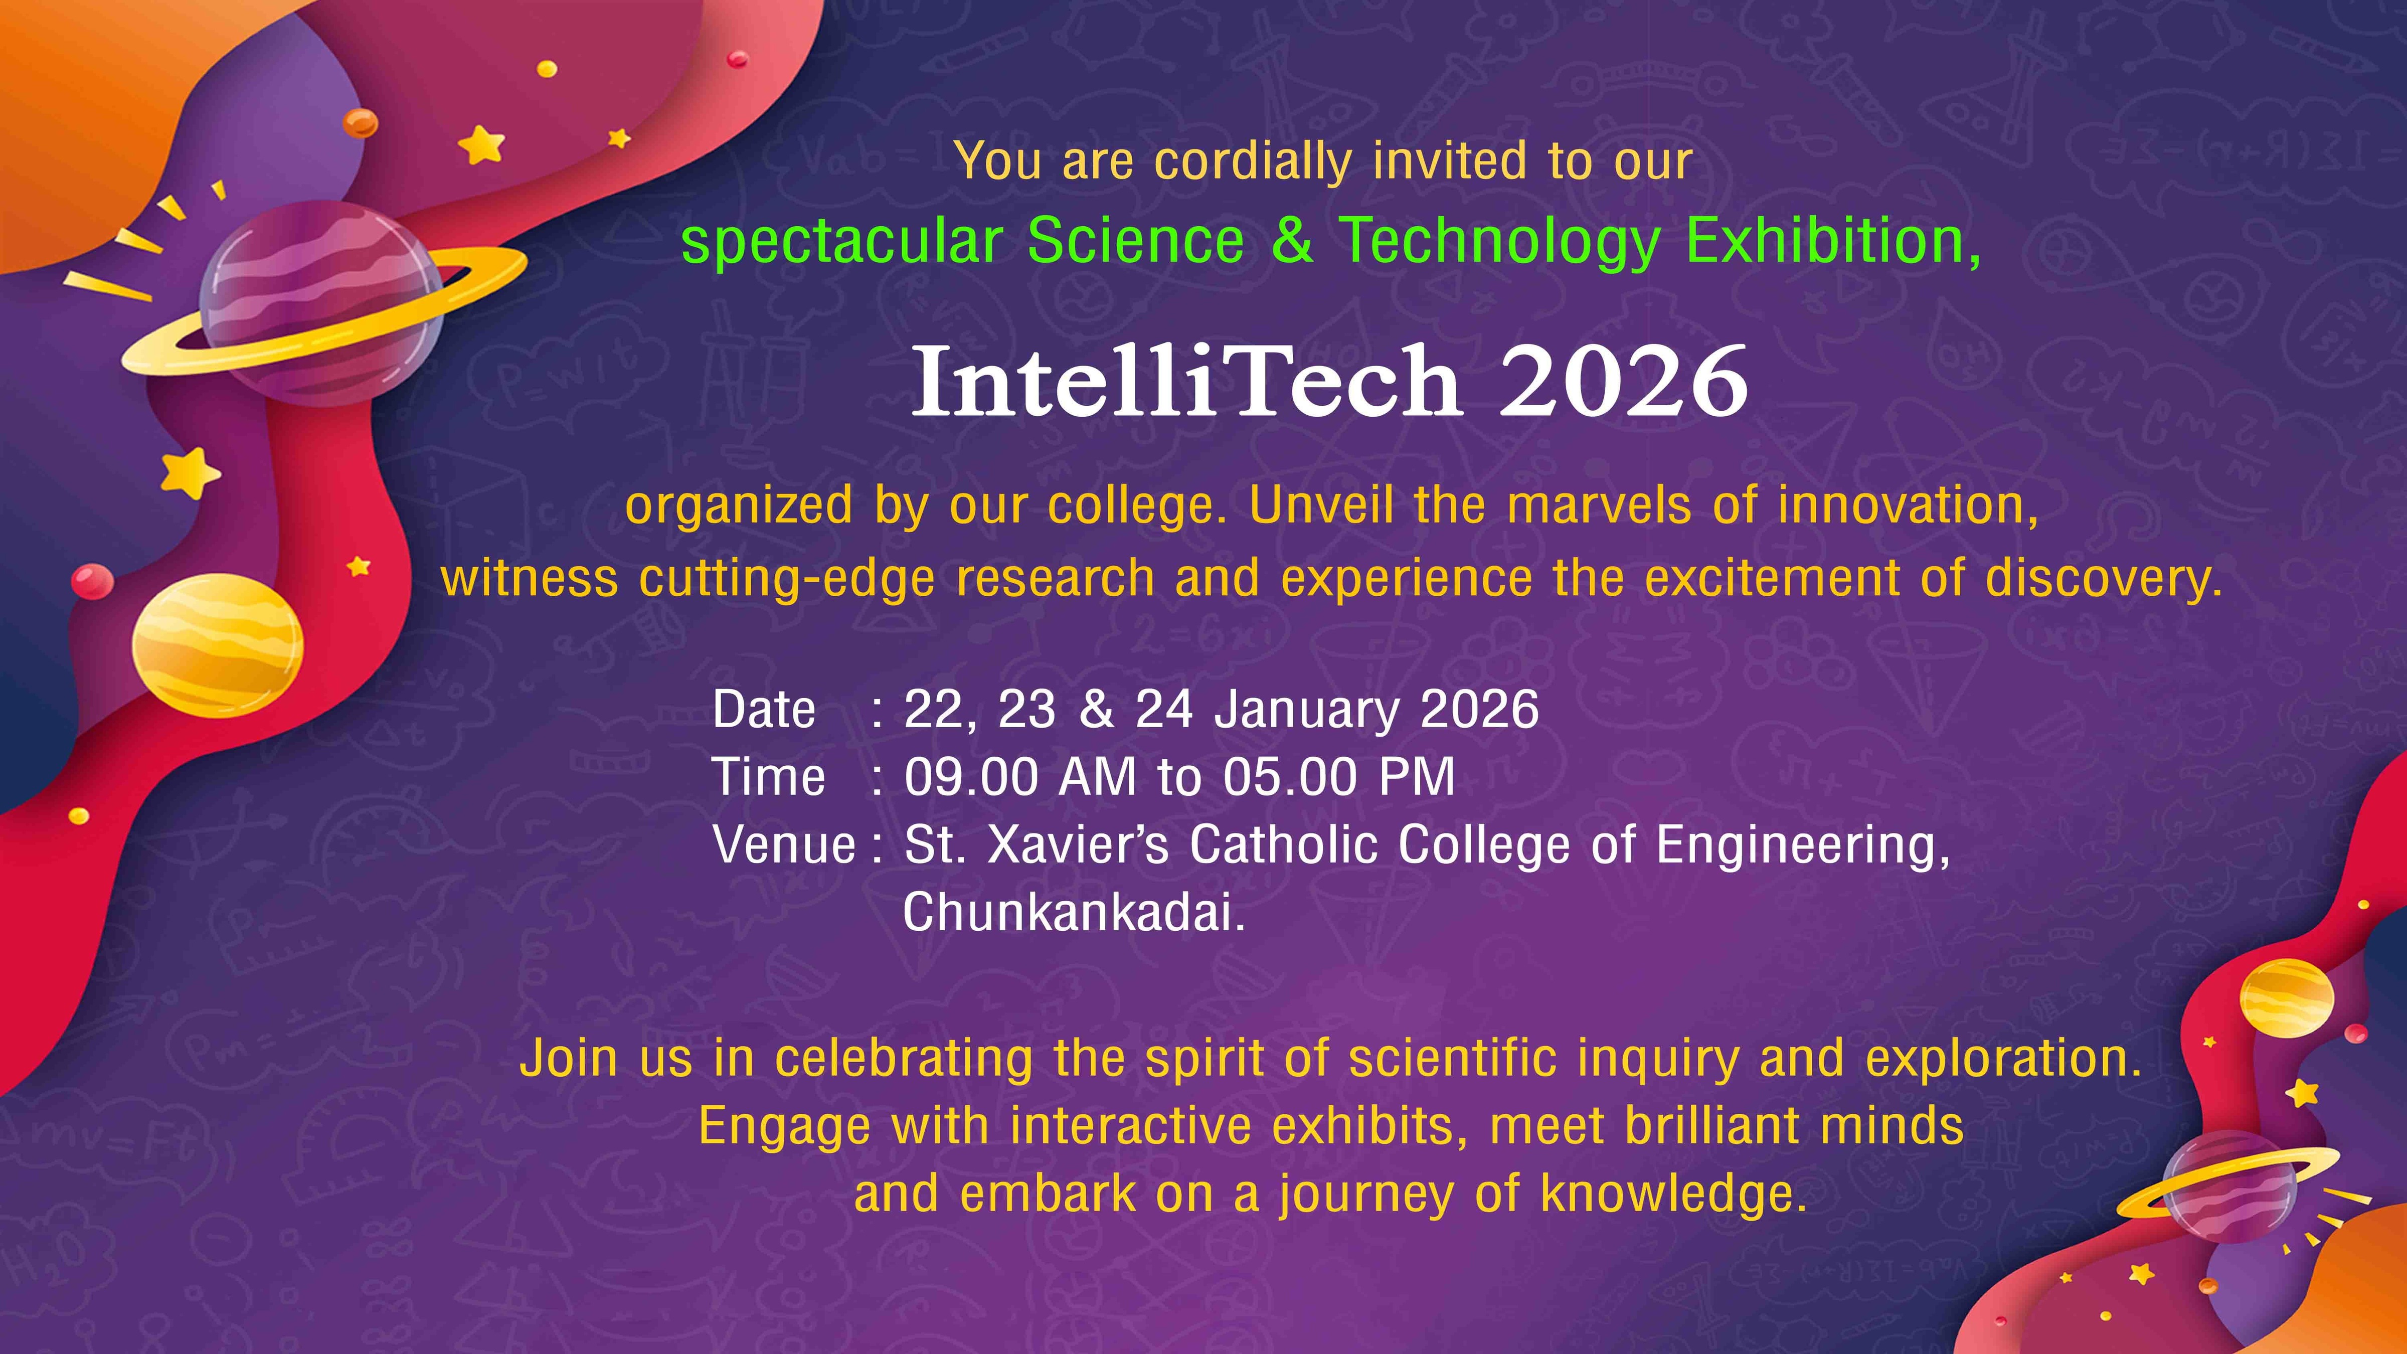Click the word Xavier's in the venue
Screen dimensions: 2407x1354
pyautogui.click(x=1077, y=844)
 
